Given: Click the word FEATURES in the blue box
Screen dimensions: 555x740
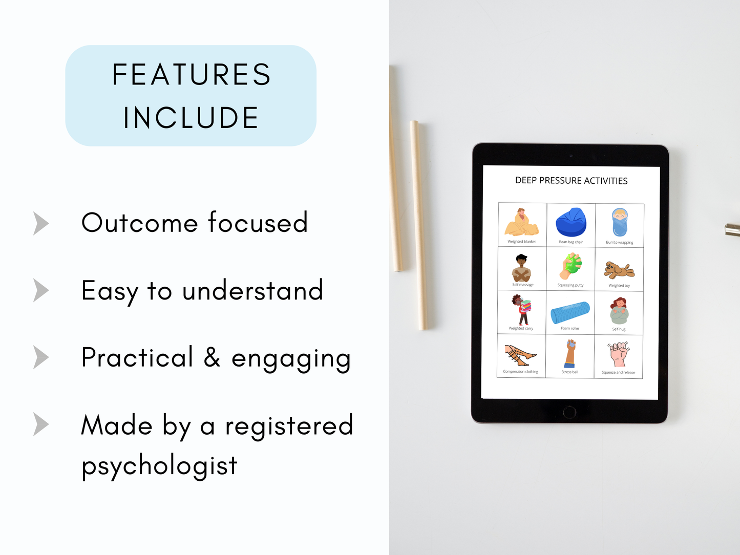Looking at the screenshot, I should tap(191, 75).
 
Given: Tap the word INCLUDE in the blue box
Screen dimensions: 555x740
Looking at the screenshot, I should tap(191, 118).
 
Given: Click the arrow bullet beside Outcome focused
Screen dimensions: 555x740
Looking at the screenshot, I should tap(40, 223).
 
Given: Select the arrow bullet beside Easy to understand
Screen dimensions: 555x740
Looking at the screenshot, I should tap(40, 290).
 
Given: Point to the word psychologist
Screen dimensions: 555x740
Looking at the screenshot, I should tap(159, 466).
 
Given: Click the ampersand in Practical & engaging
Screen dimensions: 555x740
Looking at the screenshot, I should tap(212, 357).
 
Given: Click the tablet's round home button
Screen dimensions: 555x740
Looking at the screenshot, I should tap(569, 411).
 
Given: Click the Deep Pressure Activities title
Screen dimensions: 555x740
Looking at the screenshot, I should tap(571, 181).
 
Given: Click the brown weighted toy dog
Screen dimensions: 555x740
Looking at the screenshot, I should tap(619, 269).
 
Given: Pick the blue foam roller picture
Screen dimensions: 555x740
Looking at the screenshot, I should tap(570, 312).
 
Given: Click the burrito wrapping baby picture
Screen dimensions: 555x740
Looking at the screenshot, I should tap(620, 223).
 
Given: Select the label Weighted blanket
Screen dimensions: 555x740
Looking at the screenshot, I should tap(521, 242).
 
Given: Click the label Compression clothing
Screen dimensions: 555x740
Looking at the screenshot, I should tap(520, 372).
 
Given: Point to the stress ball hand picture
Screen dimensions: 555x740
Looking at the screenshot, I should tap(570, 353).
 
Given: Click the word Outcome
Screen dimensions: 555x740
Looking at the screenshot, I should tap(139, 223).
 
